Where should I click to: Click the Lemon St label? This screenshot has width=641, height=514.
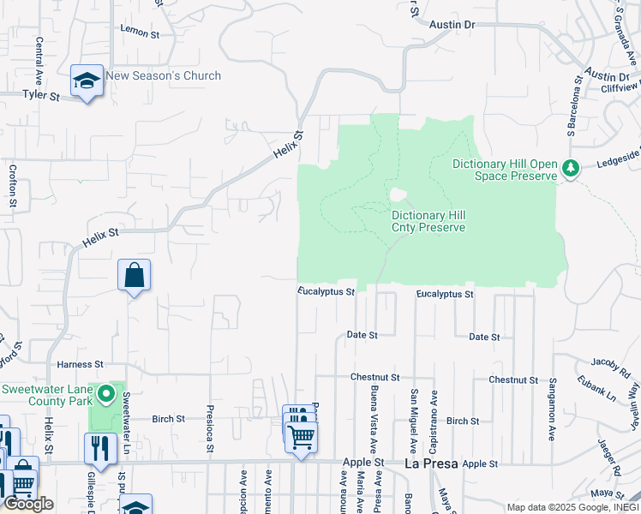141,33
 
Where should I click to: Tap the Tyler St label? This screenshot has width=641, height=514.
41,96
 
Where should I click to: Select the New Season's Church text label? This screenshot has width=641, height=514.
163,76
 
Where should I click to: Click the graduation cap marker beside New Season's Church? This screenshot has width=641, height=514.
87,81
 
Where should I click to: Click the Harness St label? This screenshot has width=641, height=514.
80,364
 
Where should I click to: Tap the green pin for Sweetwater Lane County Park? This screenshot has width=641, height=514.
106,394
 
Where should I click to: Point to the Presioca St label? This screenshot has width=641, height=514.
209,428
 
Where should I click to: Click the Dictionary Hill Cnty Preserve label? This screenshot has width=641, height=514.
428,222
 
